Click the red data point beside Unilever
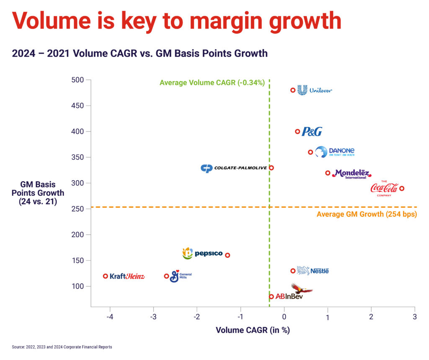pyautogui.click(x=293, y=90)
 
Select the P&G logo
pyautogui.click(x=312, y=132)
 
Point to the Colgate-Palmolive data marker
pyautogui.click(x=271, y=168)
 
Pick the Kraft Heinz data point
pyautogui.click(x=106, y=276)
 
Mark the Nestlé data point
pyautogui.click(x=293, y=271)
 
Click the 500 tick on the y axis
pyautogui.click(x=78, y=80)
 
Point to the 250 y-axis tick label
pyautogui.click(x=78, y=209)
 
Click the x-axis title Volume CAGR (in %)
pyautogui.click(x=253, y=330)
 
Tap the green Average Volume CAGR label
pyautogui.click(x=212, y=83)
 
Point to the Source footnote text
pyautogui.click(x=62, y=347)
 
